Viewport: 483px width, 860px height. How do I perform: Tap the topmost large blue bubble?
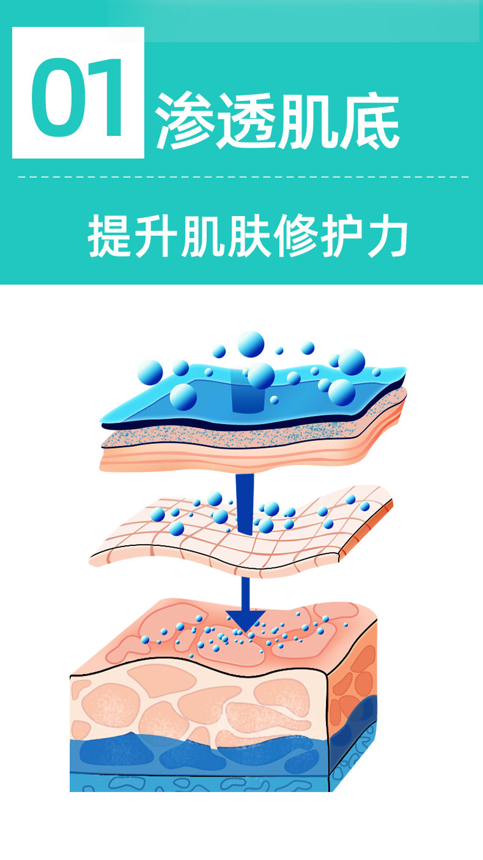[x=251, y=344]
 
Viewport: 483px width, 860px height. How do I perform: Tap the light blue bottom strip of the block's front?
[x=183, y=783]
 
